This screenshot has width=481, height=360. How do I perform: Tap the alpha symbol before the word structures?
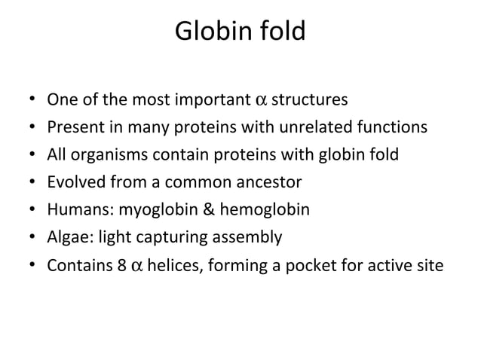pos(260,100)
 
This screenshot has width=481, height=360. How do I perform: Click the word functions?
pos(394,127)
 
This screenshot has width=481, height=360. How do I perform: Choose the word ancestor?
pos(268,182)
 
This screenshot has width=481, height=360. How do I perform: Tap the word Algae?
pos(66,237)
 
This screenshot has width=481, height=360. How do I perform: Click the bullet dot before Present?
pos(29,127)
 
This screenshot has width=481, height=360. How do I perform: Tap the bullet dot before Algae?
pos(29,237)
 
